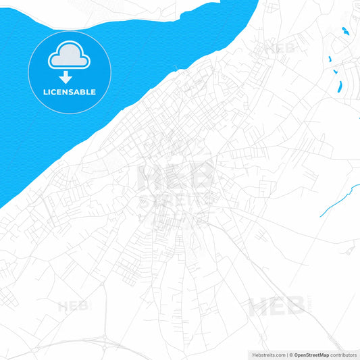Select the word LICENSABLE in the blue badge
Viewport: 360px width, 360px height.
(x=70, y=92)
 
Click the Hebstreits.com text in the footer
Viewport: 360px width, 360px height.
(x=267, y=354)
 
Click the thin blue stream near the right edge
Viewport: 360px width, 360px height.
(x=338, y=199)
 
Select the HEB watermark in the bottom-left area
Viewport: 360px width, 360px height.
(x=73, y=306)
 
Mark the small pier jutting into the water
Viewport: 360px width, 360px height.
(x=176, y=68)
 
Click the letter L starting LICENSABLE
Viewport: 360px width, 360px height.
(x=45, y=92)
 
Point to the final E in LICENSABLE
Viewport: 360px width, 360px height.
(x=93, y=92)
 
